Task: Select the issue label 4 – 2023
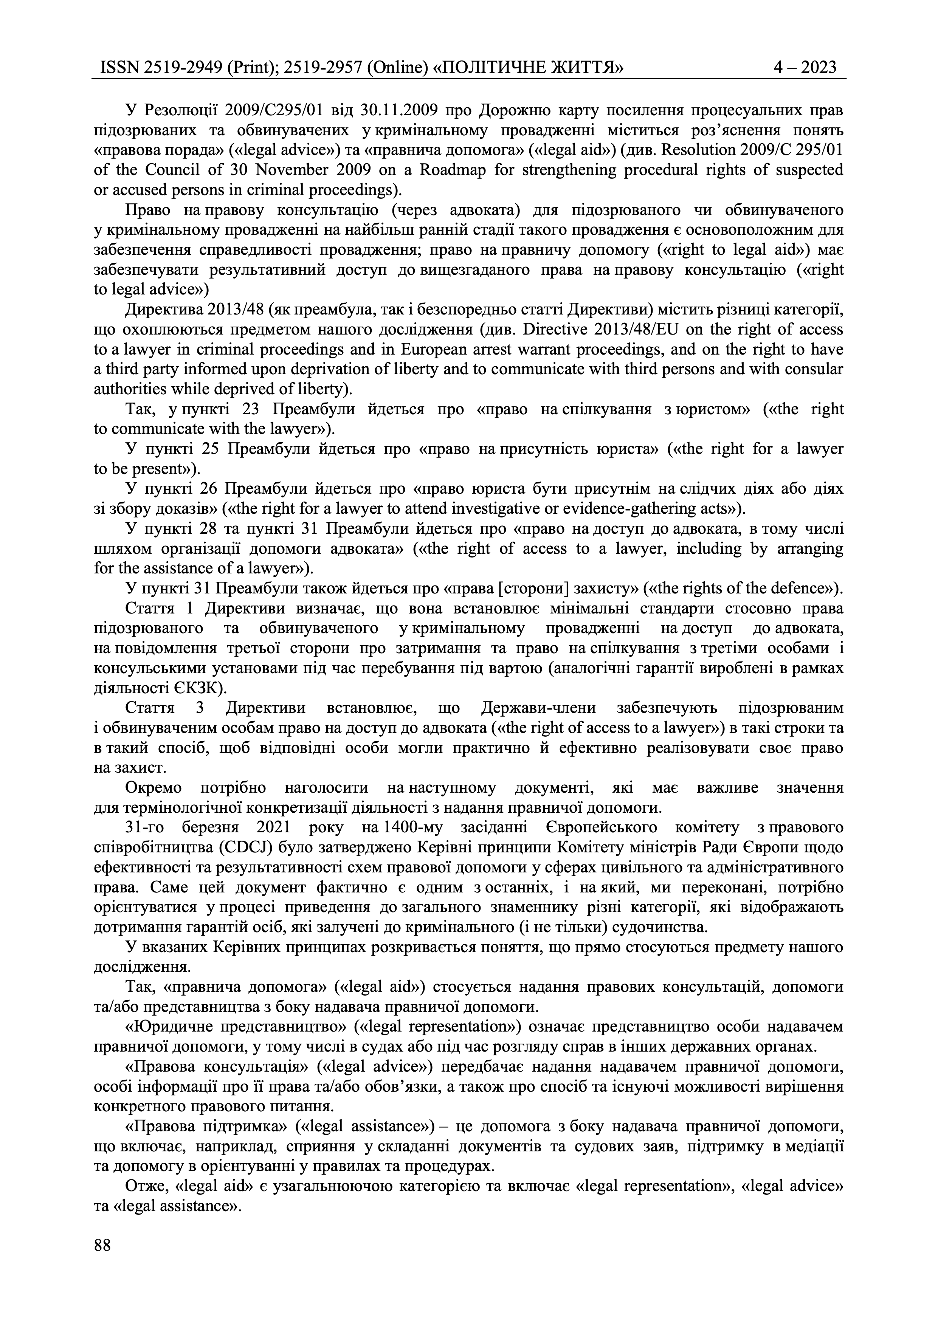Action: [805, 68]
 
